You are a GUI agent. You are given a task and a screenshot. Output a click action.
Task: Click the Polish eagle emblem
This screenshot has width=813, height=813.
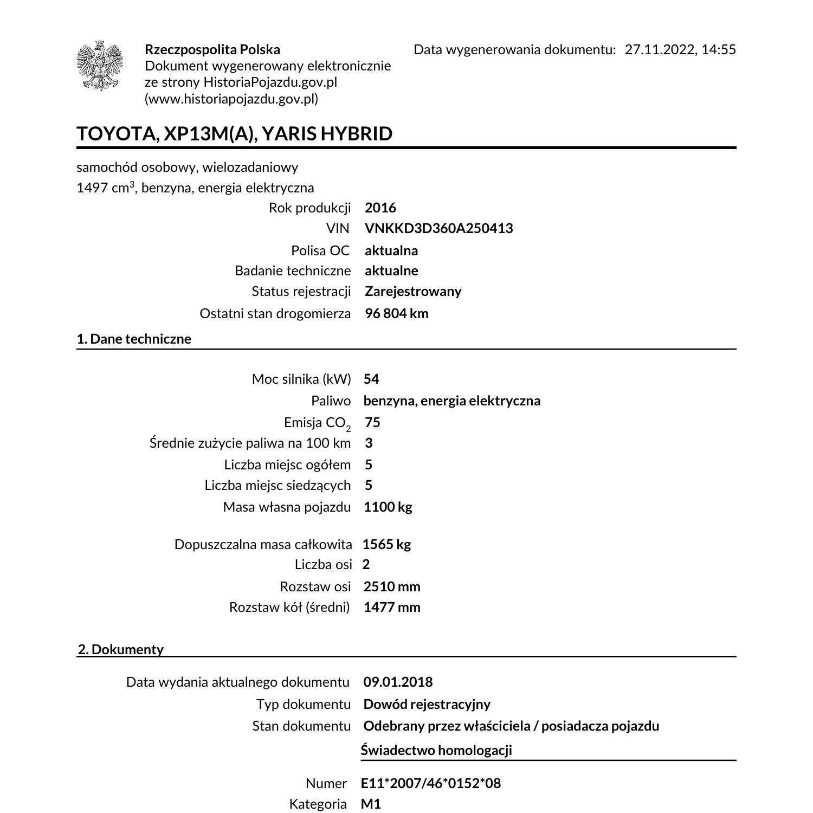(100, 66)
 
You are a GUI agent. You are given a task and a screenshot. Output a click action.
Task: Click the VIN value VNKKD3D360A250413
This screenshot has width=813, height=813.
(438, 228)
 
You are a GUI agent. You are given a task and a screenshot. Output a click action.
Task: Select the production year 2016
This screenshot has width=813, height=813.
(380, 208)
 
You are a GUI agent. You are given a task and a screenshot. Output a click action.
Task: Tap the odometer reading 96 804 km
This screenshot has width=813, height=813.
(396, 313)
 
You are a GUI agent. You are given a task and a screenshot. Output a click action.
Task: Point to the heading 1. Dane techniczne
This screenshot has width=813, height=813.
(134, 339)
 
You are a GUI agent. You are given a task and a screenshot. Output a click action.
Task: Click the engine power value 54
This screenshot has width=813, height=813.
(371, 379)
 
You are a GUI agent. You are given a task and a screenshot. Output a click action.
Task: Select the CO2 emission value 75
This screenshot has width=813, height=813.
(372, 422)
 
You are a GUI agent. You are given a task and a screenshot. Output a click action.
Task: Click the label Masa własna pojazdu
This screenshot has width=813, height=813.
(287, 507)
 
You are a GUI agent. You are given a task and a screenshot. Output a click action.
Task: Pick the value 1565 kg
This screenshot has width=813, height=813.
(386, 544)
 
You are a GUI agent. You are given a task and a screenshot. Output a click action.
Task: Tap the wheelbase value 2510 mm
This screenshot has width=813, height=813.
(392, 586)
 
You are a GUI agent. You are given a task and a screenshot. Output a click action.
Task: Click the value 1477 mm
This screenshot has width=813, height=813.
(392, 607)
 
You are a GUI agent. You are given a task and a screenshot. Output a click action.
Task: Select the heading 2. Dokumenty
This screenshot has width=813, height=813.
(121, 649)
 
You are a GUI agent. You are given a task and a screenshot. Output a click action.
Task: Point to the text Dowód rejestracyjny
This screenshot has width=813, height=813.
(427, 704)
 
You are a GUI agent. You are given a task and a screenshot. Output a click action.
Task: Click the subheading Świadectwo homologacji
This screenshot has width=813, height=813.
(436, 750)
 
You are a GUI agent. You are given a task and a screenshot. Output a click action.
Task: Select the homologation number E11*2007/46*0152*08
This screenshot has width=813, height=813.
(431, 783)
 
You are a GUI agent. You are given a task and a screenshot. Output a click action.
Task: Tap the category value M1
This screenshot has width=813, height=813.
(371, 804)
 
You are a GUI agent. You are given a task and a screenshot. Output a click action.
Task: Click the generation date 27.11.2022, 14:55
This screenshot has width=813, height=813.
(680, 50)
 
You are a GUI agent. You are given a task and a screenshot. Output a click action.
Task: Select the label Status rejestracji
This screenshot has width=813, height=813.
(301, 292)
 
